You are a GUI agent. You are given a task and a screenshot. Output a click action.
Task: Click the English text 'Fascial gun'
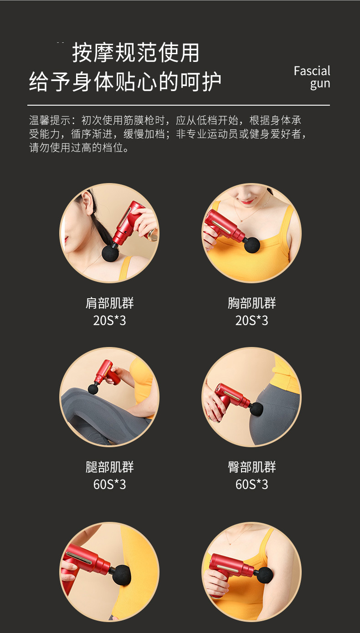[312, 77]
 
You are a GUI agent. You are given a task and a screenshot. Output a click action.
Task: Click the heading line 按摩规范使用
[136, 53]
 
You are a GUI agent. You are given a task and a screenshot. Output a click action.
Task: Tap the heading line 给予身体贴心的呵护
[125, 82]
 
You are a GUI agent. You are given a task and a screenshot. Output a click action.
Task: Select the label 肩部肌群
[110, 303]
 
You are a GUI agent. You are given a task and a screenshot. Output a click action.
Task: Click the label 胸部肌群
[252, 303]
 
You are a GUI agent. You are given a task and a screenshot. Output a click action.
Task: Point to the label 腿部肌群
[110, 467]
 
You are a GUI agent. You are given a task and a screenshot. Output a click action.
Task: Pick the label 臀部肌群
[252, 467]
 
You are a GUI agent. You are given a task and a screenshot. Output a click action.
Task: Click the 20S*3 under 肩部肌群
[110, 321]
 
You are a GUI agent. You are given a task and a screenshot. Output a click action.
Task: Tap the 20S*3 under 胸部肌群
[252, 321]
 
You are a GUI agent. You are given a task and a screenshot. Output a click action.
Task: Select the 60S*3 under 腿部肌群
[110, 485]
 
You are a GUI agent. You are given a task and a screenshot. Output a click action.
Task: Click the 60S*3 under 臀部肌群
[252, 485]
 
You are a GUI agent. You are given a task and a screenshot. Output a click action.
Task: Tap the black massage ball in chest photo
[252, 245]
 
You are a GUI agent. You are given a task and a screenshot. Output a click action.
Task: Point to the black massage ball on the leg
[93, 388]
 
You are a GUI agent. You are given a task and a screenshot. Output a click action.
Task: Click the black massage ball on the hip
[257, 408]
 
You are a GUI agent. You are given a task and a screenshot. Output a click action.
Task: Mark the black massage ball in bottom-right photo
[266, 576]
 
